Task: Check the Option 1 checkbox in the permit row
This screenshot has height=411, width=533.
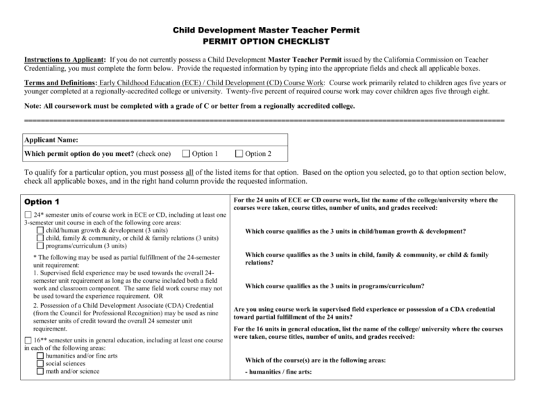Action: [186, 154]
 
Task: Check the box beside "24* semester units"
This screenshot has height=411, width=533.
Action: [28, 216]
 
